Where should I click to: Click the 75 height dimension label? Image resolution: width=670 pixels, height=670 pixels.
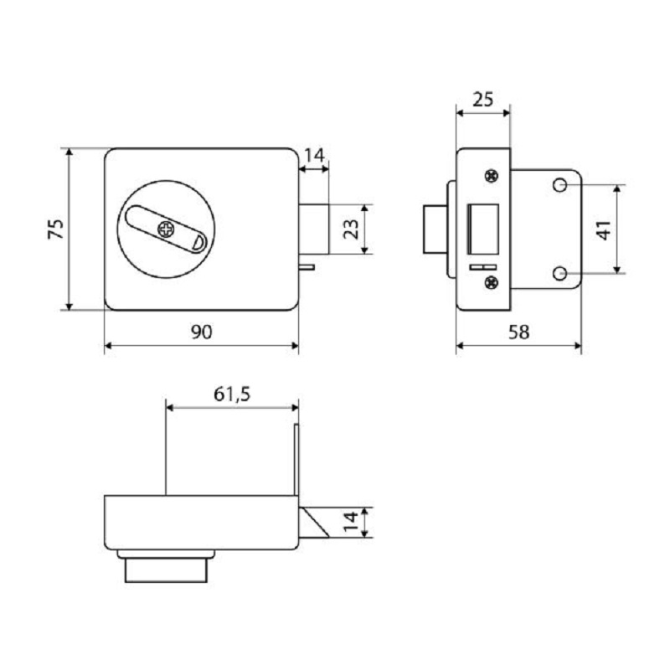click(55, 229)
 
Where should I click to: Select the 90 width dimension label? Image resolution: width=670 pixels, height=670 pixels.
click(201, 332)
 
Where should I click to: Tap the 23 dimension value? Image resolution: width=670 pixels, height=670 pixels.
click(351, 229)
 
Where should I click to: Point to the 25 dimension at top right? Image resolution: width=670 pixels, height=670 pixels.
click(483, 99)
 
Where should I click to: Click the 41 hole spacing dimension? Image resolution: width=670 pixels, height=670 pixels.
click(603, 229)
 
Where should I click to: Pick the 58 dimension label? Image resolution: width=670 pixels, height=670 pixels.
click(518, 332)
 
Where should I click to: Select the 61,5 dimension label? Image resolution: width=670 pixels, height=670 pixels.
click(232, 394)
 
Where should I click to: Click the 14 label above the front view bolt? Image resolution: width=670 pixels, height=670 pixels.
click(315, 155)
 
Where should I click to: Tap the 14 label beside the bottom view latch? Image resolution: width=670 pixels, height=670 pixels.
click(350, 522)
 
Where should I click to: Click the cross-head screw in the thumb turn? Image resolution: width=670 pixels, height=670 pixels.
click(166, 229)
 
